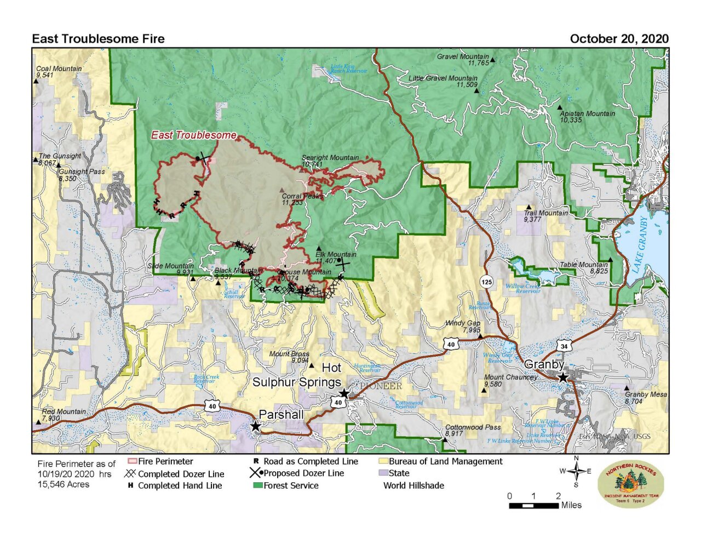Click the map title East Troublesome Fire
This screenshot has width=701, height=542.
click(98, 39)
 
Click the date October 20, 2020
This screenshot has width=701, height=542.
click(619, 39)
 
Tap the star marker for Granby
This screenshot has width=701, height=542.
click(562, 377)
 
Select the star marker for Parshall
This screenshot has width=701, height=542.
click(255, 426)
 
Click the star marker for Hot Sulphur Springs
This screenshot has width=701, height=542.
click(344, 393)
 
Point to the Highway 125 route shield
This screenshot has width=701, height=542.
click(486, 282)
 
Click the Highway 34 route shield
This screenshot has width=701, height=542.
click(564, 346)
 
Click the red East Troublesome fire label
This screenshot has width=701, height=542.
click(194, 135)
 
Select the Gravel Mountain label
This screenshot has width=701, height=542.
click(463, 56)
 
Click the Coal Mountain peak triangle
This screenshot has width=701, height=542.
click(36, 81)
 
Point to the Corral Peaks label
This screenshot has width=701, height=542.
click(302, 196)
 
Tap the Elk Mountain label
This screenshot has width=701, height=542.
click(336, 254)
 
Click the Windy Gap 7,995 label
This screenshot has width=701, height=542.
click(463, 327)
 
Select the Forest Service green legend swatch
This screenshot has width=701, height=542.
click(257, 486)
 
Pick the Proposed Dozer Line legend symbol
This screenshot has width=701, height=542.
click(256, 473)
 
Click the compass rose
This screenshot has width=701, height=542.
click(576, 471)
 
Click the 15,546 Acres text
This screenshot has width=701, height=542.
click(64, 484)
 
